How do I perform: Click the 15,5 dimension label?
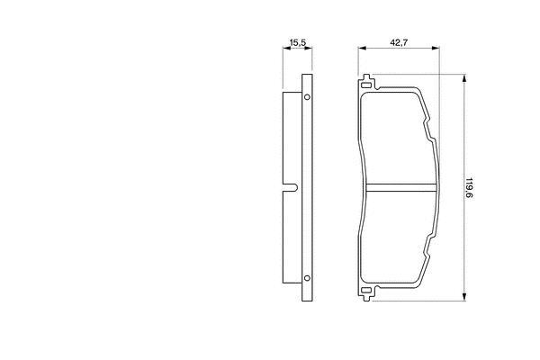tap(298, 43)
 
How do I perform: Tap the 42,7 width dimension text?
tap(399, 42)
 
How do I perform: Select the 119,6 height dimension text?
tap(469, 188)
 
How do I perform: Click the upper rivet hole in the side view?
tap(307, 97)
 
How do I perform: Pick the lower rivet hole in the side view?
tap(307, 278)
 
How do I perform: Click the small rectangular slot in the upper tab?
tap(366, 85)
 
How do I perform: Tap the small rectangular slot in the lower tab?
tap(366, 291)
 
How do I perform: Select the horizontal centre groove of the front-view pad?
tap(400, 187)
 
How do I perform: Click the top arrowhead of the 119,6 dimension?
tap(464, 78)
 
